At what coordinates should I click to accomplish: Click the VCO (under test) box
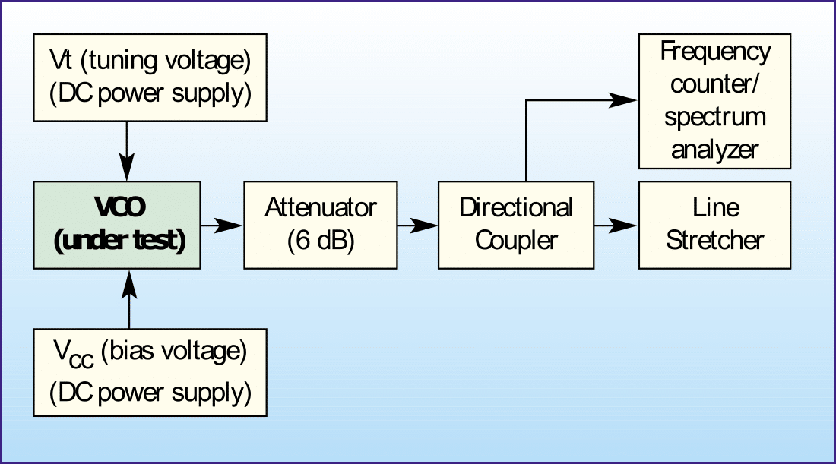[x=117, y=224]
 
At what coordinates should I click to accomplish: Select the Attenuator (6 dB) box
[x=321, y=224]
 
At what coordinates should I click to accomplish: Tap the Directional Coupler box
[x=516, y=224]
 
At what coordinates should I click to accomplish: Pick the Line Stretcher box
[x=714, y=224]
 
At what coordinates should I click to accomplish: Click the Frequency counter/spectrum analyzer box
[x=714, y=101]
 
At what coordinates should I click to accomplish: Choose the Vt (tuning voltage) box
[x=150, y=77]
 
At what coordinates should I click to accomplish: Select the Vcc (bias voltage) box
[x=150, y=371]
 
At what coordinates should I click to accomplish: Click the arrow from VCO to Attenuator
[x=221, y=225]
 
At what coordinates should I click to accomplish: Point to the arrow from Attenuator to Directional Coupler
[x=417, y=225]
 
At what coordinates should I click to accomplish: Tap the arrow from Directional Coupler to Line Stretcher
[x=616, y=225]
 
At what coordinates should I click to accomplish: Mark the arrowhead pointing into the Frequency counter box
[x=626, y=100]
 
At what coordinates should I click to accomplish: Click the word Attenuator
[x=321, y=207]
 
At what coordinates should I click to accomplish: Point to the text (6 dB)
[x=321, y=241]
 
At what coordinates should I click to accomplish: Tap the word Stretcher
[x=714, y=241]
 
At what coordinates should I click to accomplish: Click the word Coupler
[x=516, y=241]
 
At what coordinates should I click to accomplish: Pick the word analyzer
[x=714, y=149]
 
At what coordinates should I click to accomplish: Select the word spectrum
[x=714, y=117]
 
